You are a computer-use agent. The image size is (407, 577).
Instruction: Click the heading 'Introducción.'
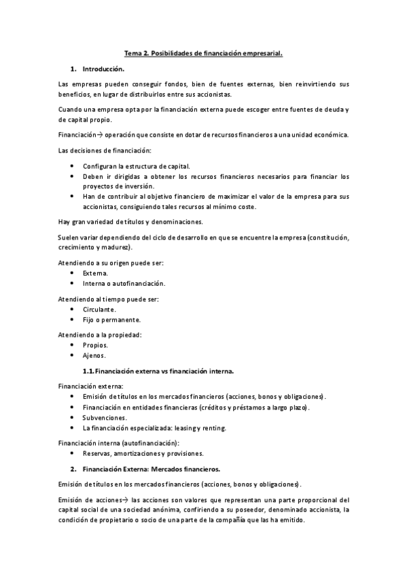click(103, 69)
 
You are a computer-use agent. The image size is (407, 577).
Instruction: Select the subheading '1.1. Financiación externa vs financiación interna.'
click(158, 372)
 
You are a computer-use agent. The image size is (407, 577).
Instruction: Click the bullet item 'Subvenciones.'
click(105, 417)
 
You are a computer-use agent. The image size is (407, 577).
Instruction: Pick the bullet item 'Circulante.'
click(99, 310)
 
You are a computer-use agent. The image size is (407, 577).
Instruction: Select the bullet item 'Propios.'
click(96, 345)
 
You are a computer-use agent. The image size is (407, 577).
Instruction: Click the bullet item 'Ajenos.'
click(94, 356)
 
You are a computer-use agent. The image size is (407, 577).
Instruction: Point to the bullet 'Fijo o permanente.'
click(111, 320)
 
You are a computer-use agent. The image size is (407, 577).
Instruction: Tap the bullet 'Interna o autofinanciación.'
click(124, 283)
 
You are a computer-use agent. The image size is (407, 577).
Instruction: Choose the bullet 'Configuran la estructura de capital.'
click(136, 166)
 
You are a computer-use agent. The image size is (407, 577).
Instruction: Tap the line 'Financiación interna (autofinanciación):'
click(122, 443)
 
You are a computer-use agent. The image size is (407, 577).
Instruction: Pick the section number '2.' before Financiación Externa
click(73, 469)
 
